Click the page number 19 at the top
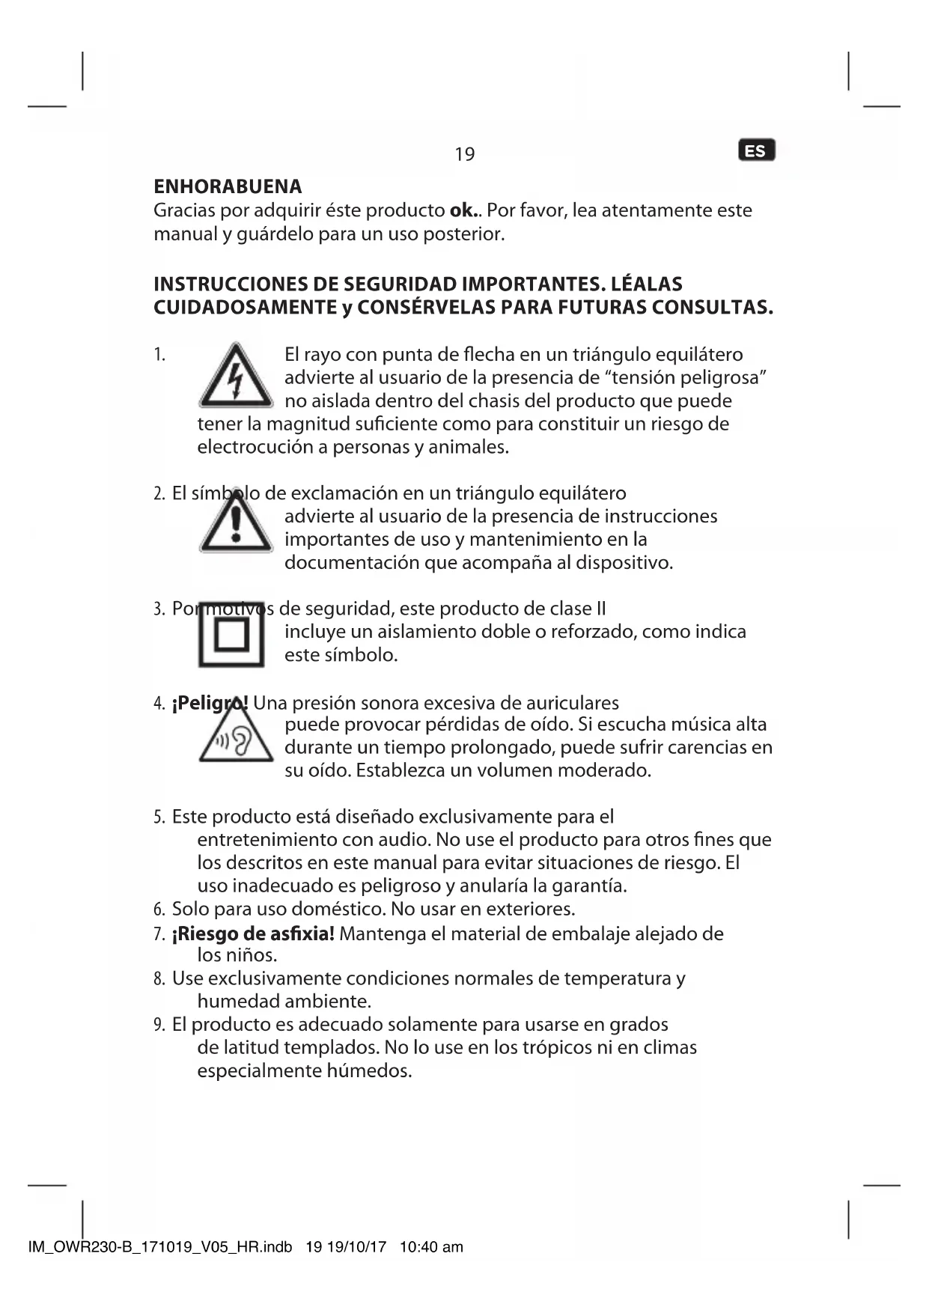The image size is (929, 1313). click(x=464, y=154)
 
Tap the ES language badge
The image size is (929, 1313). click(x=756, y=150)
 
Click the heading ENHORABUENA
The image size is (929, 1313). click(x=228, y=186)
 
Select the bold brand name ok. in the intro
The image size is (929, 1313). click(x=464, y=210)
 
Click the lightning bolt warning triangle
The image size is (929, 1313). click(x=236, y=376)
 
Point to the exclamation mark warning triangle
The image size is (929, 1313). click(x=236, y=521)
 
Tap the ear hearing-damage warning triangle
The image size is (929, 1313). click(x=236, y=739)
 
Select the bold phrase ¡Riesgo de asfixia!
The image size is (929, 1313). click(x=253, y=933)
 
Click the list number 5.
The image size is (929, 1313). click(x=159, y=817)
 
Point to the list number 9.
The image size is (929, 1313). click(x=159, y=1025)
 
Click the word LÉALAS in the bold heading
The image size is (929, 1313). click(x=647, y=284)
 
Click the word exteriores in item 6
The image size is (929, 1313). click(x=530, y=910)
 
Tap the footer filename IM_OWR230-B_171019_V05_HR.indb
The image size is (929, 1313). click(x=159, y=1247)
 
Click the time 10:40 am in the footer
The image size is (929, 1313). click(x=431, y=1247)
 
